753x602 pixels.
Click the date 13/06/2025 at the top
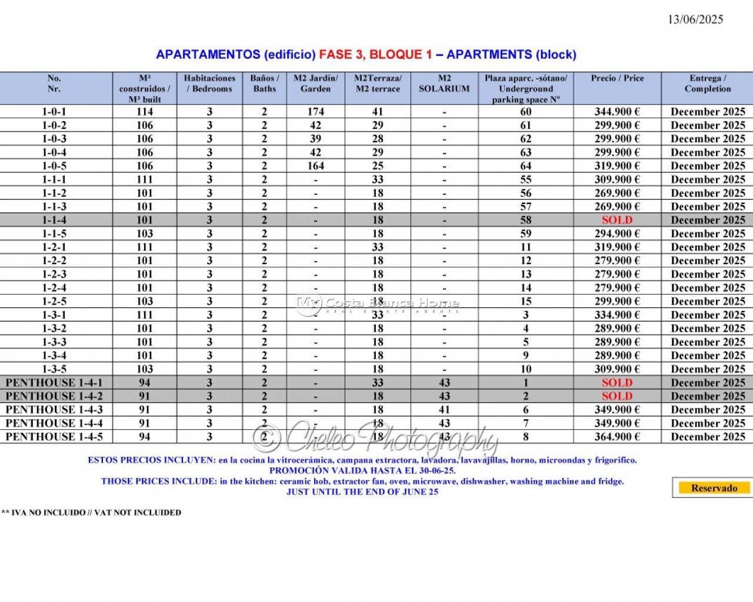coord(695,19)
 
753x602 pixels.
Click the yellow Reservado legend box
coord(714,488)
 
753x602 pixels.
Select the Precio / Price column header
coord(617,78)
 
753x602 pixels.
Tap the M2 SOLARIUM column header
coord(444,83)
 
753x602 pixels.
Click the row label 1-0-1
coord(54,112)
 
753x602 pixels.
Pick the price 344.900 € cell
coord(617,112)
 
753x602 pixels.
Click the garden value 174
coord(315,112)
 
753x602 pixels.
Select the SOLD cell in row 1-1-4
coord(617,220)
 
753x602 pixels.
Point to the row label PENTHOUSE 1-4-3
coord(54,410)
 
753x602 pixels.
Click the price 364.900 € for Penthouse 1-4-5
coord(617,437)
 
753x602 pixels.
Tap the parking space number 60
coord(525,112)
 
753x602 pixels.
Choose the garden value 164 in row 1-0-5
coord(315,166)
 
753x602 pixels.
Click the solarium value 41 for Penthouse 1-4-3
coord(444,410)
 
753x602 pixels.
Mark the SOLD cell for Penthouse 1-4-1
coord(617,383)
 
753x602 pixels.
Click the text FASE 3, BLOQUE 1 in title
coord(375,55)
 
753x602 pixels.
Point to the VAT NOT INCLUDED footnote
coord(91,513)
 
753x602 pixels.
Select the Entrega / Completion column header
coord(708,83)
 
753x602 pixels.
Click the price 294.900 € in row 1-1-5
coord(617,233)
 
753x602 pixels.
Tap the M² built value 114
coord(144,112)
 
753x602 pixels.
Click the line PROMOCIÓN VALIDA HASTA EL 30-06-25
coord(362,470)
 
